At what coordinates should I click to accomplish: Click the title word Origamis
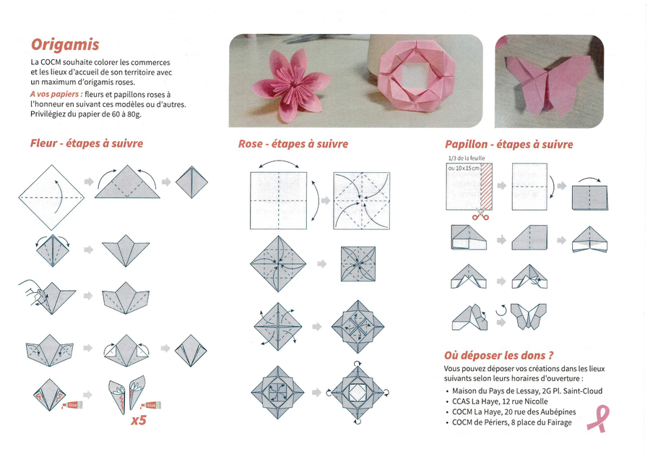65,44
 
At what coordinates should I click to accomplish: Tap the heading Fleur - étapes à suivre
87,143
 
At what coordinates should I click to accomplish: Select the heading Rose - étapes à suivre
293,144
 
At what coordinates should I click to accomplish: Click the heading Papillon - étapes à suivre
508,144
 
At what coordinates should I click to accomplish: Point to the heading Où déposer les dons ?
498,355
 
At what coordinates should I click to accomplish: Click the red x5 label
139,420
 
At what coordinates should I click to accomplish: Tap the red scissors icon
480,215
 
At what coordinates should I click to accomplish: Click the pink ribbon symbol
599,419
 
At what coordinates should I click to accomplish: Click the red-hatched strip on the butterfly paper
486,186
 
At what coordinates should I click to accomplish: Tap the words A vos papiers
56,94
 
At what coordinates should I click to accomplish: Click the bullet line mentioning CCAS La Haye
497,401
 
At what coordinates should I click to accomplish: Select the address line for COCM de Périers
508,422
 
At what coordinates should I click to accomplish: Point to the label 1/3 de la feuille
467,158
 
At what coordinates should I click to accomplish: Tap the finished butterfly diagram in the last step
529,316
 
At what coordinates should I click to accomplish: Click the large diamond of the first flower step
51,197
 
